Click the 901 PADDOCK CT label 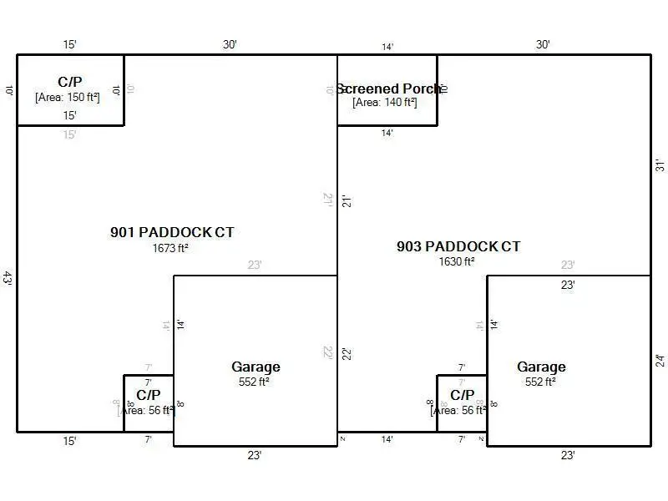pyautogui.click(x=172, y=232)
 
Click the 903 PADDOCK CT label pyautogui.click(x=458, y=246)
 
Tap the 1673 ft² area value pyautogui.click(x=170, y=248)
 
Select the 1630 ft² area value pyautogui.click(x=457, y=261)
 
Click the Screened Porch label pyautogui.click(x=389, y=89)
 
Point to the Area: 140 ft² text pyautogui.click(x=385, y=102)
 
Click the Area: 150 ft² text pyautogui.click(x=68, y=97)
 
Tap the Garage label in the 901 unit pyautogui.click(x=256, y=367)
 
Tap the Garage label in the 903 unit pyautogui.click(x=541, y=367)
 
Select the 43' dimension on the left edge pyautogui.click(x=8, y=278)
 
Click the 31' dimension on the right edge pyautogui.click(x=659, y=165)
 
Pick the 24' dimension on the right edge pyautogui.click(x=659, y=361)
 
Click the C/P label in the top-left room pyautogui.click(x=70, y=82)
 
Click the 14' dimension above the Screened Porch pyautogui.click(x=387, y=48)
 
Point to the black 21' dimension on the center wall pyautogui.click(x=345, y=200)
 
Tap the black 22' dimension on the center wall pyautogui.click(x=345, y=353)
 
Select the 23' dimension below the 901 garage pyautogui.click(x=255, y=455)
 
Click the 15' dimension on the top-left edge pyautogui.click(x=70, y=44)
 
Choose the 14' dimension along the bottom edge pyautogui.click(x=387, y=439)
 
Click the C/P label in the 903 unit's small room pyautogui.click(x=462, y=394)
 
